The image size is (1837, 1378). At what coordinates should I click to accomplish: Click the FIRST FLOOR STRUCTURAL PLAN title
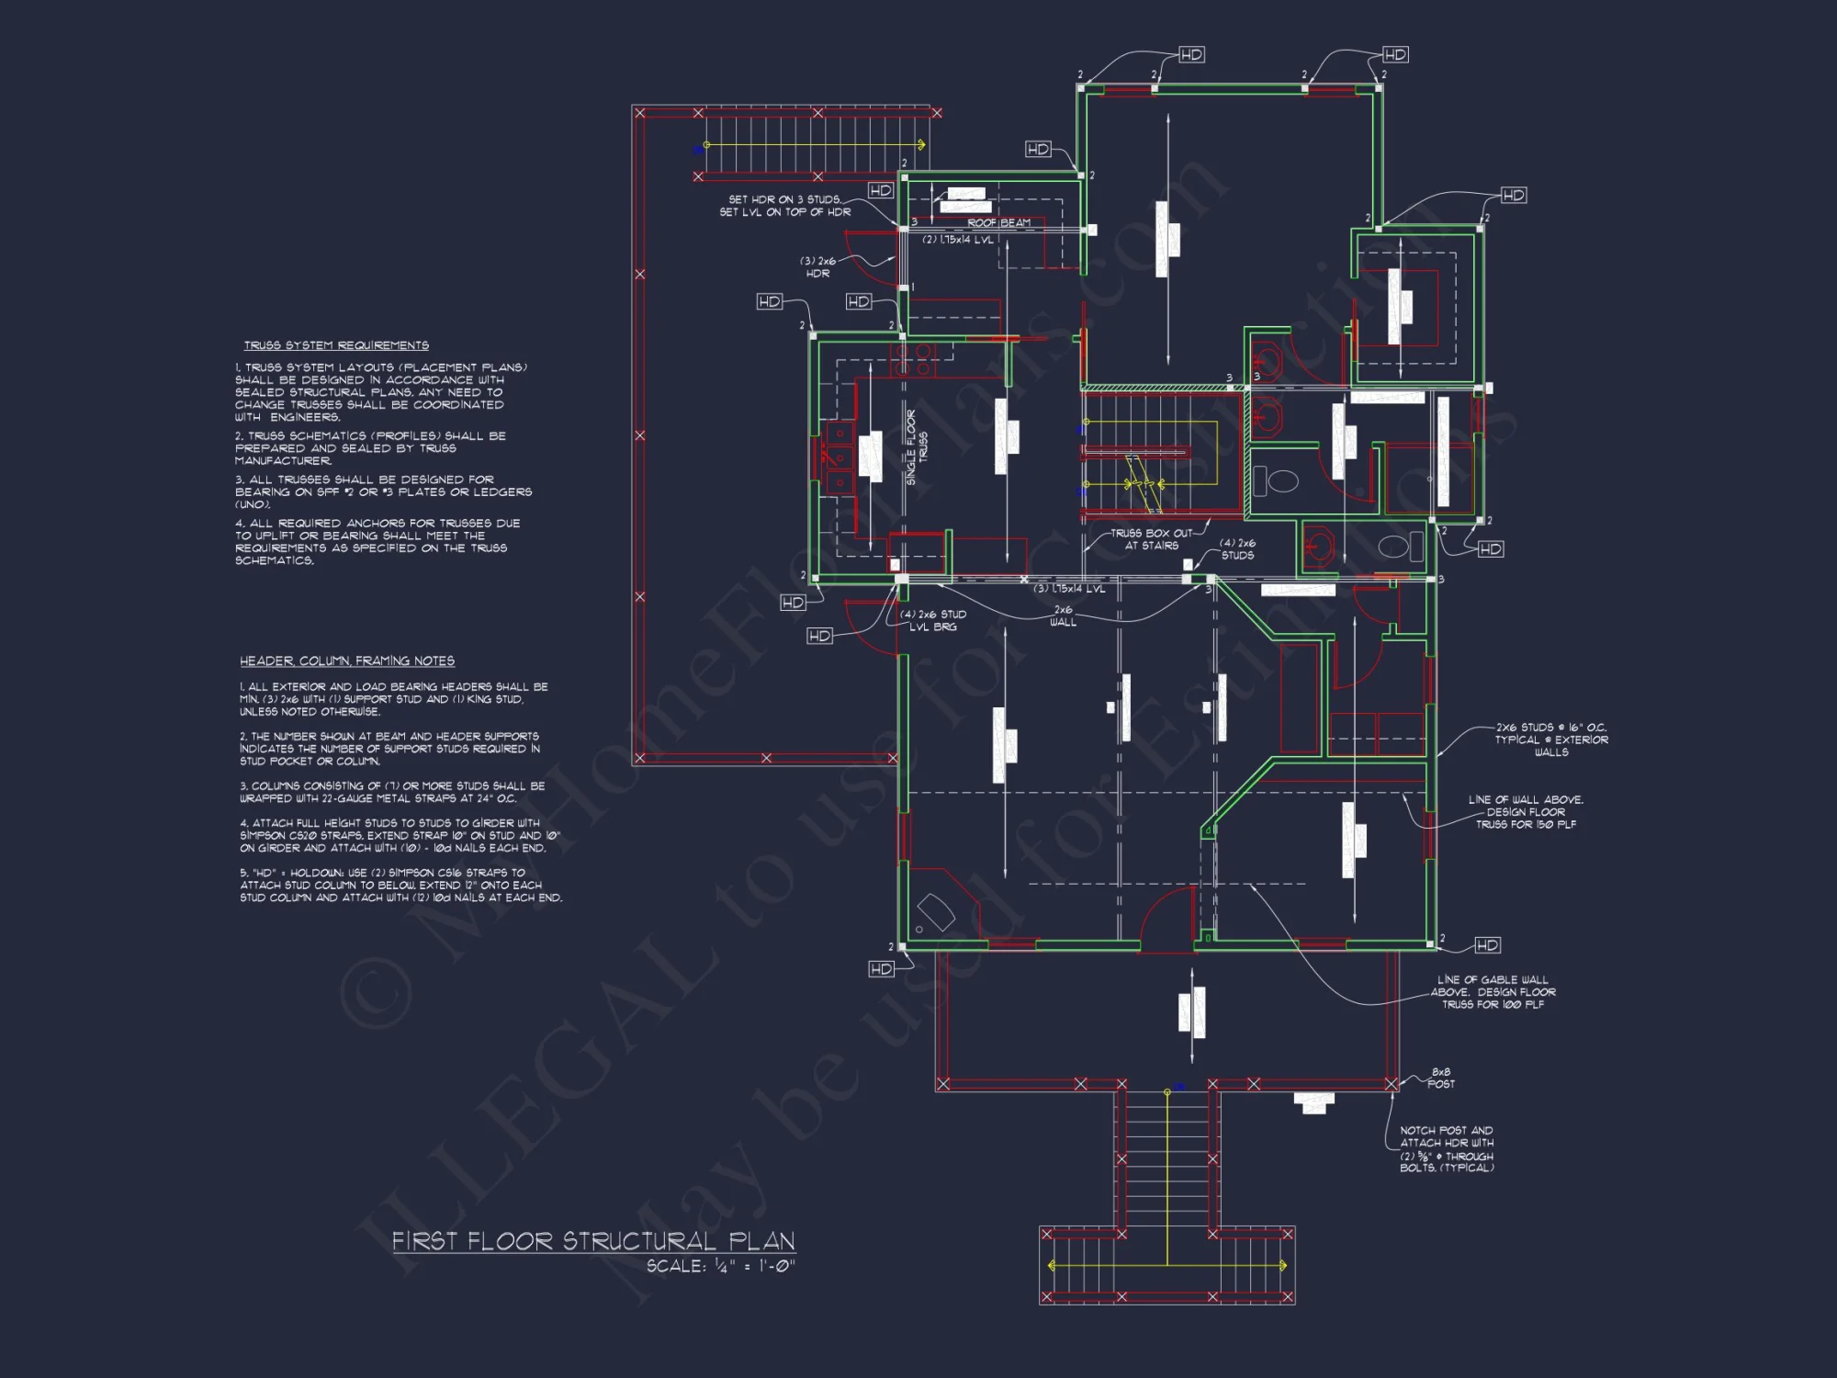pos(593,1241)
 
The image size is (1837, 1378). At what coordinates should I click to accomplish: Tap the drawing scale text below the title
pos(720,1266)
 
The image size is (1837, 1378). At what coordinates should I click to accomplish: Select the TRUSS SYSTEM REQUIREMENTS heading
pos(336,345)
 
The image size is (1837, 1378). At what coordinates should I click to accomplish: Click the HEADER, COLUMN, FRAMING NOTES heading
pos(347,661)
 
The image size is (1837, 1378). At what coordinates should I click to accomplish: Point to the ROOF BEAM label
pos(998,223)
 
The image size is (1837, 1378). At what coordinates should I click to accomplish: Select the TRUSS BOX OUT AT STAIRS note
pos(1151,539)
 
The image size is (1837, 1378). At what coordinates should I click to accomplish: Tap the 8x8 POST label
pos(1441,1079)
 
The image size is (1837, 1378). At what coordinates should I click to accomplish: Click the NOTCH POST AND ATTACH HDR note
pos(1447,1149)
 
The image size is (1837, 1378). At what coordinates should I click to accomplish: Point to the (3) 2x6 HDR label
pos(817,267)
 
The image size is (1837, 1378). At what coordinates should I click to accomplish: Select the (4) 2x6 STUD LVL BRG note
pos(933,621)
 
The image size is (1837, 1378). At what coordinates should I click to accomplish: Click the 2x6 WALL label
pos(1063,616)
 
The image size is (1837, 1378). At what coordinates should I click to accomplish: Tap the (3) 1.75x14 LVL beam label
pos(1069,589)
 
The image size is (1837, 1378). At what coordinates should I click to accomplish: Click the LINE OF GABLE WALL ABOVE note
pos(1493,992)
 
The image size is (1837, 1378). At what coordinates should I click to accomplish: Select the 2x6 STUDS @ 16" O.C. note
pos(1551,740)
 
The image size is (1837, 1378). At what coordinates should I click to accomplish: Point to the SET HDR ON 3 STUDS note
pos(785,206)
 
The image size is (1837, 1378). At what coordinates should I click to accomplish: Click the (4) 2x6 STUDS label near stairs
pos(1237,549)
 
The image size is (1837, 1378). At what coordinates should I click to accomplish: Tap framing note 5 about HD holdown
pos(400,886)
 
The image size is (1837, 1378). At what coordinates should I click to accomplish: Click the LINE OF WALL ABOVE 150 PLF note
pos(1526,812)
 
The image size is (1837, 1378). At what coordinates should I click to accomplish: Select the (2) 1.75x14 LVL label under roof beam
pos(958,240)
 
